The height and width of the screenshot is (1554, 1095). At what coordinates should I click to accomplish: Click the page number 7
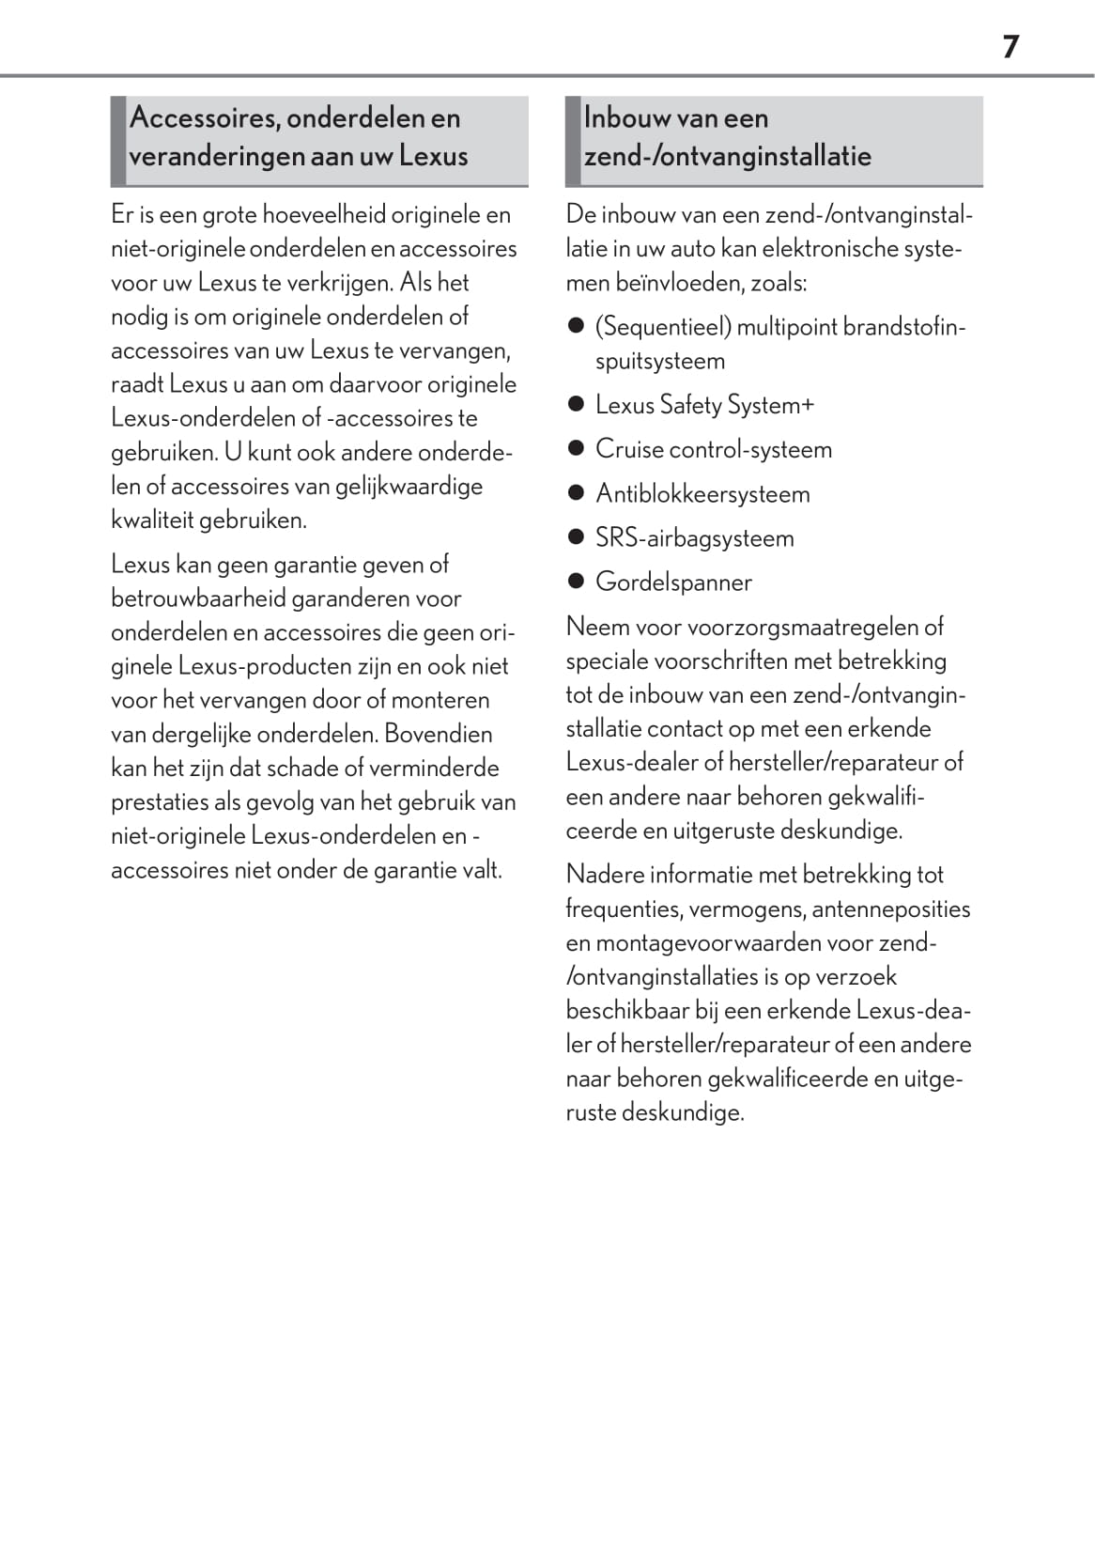pos(1010,46)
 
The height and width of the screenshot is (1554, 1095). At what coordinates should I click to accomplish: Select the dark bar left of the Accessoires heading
pos(117,140)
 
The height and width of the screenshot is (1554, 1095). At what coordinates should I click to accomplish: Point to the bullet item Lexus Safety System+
pos(704,405)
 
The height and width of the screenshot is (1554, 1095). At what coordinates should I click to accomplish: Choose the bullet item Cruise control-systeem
pos(713,449)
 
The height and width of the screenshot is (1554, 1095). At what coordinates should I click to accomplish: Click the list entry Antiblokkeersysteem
pos(702,493)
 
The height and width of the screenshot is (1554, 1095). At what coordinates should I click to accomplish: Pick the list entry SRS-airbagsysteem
pos(694,537)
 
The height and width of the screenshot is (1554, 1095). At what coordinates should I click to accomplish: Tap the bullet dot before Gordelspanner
pos(577,582)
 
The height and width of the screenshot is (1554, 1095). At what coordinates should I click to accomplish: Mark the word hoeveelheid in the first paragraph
pos(323,215)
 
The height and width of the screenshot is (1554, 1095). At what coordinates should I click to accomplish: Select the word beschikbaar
pos(626,1011)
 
